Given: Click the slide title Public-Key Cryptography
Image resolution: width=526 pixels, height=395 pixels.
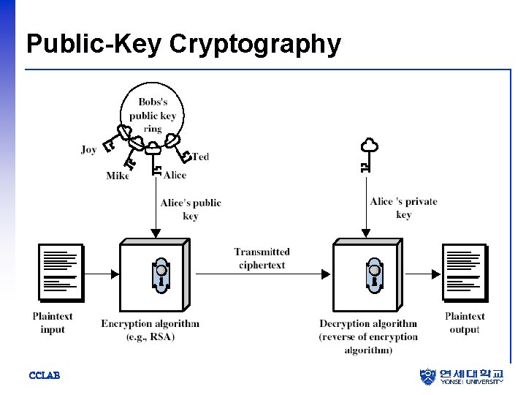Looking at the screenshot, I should tap(183, 44).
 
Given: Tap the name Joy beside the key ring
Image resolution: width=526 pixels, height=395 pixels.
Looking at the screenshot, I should tap(89, 149).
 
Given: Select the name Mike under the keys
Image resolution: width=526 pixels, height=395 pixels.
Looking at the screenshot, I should tap(117, 176).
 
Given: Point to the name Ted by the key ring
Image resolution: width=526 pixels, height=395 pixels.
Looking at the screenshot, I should tap(201, 157).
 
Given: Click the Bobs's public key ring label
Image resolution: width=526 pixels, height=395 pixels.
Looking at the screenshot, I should tap(153, 116).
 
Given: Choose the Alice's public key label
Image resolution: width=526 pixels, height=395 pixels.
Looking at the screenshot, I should tap(191, 209).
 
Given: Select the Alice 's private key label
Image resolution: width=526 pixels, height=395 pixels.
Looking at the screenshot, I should tap(404, 208).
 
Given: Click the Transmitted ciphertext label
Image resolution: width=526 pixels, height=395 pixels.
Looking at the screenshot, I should tap(262, 258).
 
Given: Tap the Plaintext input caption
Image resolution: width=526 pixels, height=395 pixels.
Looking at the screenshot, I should tap(53, 323).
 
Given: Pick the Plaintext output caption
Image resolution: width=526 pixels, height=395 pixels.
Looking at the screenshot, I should tap(465, 323).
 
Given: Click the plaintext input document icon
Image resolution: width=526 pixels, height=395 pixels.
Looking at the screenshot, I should tap(61, 273).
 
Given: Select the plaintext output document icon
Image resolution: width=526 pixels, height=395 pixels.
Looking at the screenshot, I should tap(464, 273).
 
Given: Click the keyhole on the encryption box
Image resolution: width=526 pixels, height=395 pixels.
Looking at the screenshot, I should tap(160, 273).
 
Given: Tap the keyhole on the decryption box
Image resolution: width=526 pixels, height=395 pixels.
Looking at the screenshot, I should tap(374, 273).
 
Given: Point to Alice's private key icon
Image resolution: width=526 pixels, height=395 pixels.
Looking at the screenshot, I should tap(368, 154).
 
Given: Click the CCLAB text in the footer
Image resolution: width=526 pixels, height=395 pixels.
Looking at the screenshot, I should tap(44, 375).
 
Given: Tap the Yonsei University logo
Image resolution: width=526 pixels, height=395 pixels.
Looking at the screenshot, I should tap(462, 376).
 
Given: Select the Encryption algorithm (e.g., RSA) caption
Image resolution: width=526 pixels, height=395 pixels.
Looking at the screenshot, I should tap(150, 330).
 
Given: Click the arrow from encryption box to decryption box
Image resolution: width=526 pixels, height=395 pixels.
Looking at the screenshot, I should tap(263, 274).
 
